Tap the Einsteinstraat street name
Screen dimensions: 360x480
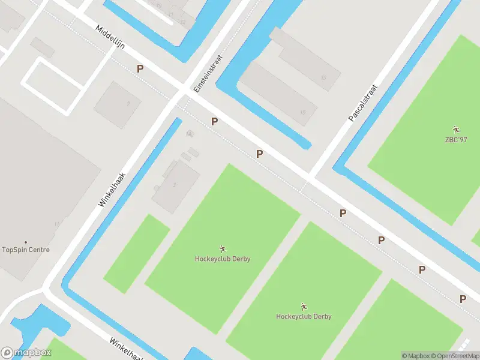pyautogui.click(x=208, y=74)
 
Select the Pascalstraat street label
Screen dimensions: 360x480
pyautogui.click(x=365, y=103)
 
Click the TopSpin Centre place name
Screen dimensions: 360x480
pyautogui.click(x=26, y=250)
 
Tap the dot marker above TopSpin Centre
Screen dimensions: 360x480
pyautogui.click(x=25, y=242)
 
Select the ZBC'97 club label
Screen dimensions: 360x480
pyautogui.click(x=457, y=140)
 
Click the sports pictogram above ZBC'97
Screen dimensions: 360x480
pyautogui.click(x=456, y=130)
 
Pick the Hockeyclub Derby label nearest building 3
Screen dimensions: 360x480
pyautogui.click(x=223, y=259)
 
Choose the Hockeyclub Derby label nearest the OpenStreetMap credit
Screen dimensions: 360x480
pyautogui.click(x=304, y=316)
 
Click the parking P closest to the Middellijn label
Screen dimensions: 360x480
pyautogui.click(x=140, y=68)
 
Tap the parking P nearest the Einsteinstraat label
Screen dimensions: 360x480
pyautogui.click(x=214, y=121)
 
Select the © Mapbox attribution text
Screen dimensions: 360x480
pyautogui.click(x=415, y=356)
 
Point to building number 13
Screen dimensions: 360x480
pyautogui.click(x=323, y=77)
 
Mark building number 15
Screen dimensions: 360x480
pyautogui.click(x=302, y=113)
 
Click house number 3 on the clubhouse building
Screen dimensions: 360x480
pyautogui.click(x=175, y=185)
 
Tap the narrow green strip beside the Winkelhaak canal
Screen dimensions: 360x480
pyautogui.click(x=137, y=254)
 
